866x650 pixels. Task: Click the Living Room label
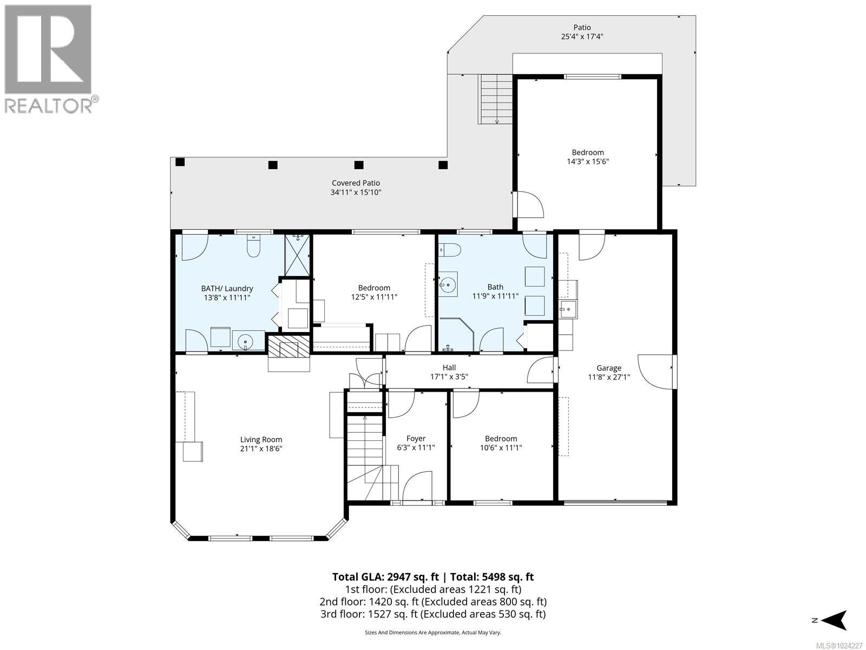tap(261, 440)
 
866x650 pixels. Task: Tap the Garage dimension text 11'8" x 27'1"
tap(609, 377)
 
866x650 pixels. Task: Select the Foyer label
tap(416, 439)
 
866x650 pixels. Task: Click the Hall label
tap(449, 367)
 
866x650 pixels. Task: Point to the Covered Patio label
tap(356, 183)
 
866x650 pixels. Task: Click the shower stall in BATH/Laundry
tap(298, 255)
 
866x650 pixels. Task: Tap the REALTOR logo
tap(50, 58)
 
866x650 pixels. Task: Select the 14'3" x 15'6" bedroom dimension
tap(587, 161)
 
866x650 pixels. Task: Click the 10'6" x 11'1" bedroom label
tap(501, 443)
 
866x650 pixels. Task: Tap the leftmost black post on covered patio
tap(180, 162)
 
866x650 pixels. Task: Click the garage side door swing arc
tap(656, 372)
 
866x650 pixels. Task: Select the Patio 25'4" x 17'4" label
tap(582, 32)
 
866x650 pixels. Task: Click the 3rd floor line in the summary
tap(433, 614)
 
